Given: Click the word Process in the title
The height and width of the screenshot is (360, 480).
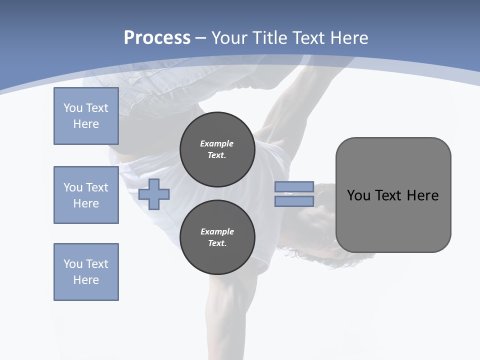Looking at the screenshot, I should coord(157,37).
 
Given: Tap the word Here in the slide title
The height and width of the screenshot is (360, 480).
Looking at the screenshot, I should coord(348,37).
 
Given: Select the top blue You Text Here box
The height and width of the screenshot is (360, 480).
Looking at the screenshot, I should coord(86,116).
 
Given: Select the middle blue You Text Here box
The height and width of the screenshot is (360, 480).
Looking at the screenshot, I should coord(86,195).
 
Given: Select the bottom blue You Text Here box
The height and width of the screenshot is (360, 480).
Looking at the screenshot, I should coord(86,272).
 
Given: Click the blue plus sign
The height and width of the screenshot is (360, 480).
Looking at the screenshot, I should coord(154,194).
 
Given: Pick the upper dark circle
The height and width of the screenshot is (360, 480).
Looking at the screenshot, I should coord(217,149).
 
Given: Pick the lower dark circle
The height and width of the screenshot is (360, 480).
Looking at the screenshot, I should coord(217,237).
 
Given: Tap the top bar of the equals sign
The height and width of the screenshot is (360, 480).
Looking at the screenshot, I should coord(294,187).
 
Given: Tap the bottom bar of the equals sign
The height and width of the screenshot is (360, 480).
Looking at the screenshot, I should coord(294,201).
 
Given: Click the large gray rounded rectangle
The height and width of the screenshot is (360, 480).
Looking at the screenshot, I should coord(393,220).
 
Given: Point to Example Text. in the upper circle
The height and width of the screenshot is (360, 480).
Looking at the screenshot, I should coord(217,149).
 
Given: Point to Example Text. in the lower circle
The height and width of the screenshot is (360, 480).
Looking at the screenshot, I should coord(217,237).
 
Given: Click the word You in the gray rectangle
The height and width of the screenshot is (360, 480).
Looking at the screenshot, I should coord(358,195).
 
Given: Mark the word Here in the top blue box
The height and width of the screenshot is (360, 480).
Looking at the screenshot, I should coord(86,124).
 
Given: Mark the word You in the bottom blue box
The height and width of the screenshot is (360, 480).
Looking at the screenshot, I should coord(73,264).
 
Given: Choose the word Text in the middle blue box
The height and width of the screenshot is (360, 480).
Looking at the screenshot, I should coord(97,187).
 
